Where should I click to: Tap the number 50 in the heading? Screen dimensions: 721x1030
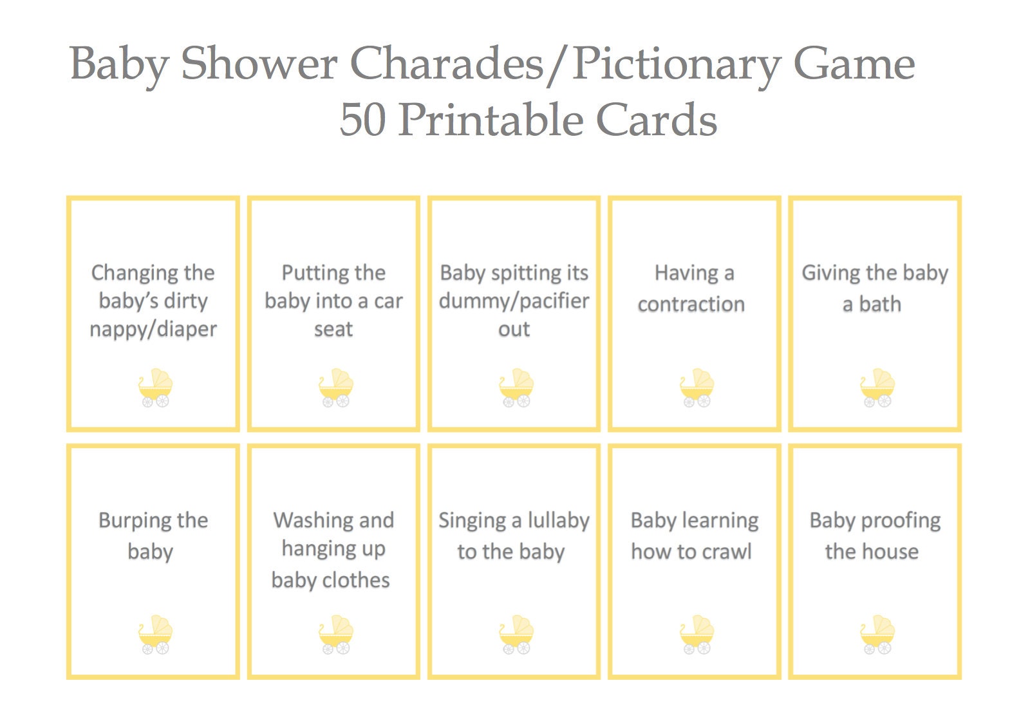click(x=362, y=120)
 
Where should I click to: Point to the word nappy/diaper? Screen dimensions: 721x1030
click(x=153, y=330)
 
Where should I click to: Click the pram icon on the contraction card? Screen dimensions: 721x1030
click(x=696, y=388)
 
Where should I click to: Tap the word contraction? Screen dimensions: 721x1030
click(x=691, y=304)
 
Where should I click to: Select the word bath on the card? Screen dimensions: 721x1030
click(x=880, y=304)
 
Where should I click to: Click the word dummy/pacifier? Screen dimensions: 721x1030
click(x=514, y=301)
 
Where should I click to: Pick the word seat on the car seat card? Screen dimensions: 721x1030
click(x=333, y=330)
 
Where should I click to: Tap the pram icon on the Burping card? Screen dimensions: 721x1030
click(x=155, y=635)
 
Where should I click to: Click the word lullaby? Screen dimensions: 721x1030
click(x=558, y=521)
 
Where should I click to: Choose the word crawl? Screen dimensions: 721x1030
click(x=727, y=552)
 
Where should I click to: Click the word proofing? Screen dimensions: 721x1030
click(x=900, y=521)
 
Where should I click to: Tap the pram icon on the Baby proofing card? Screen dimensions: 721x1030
click(x=877, y=635)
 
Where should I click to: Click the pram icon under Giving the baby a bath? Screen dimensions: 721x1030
click(x=877, y=388)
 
